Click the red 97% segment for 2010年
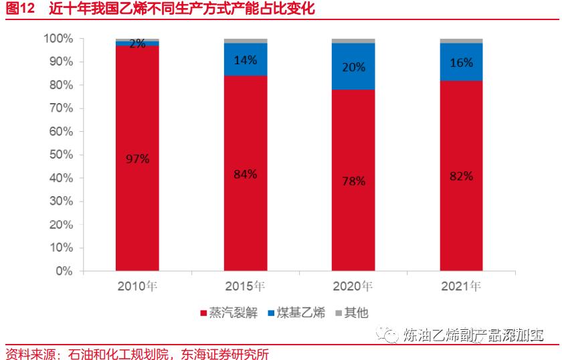coord(137,201)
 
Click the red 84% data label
coord(246,174)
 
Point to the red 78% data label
coord(353,181)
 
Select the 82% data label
coord(462,176)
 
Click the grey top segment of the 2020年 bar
coord(353,41)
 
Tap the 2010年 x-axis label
coord(137,286)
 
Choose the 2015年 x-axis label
coord(246,286)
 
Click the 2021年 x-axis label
coord(462,286)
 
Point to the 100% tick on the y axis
coord(58,39)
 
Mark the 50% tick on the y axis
coord(61,155)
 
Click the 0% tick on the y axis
coord(64,271)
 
